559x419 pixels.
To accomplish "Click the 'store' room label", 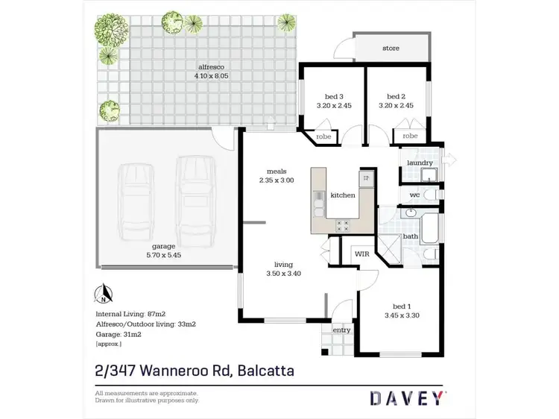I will coord(391,48).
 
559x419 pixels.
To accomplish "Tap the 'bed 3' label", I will coord(334,96).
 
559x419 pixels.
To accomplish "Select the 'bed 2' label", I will coord(397,96).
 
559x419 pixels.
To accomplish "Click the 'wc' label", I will coord(415,195).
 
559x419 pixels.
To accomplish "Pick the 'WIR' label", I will coord(362,254).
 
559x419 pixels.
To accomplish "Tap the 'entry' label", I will coord(342,330).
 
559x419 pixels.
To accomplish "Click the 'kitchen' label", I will coord(343,195).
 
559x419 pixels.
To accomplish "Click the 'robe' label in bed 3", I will coord(323,137).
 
